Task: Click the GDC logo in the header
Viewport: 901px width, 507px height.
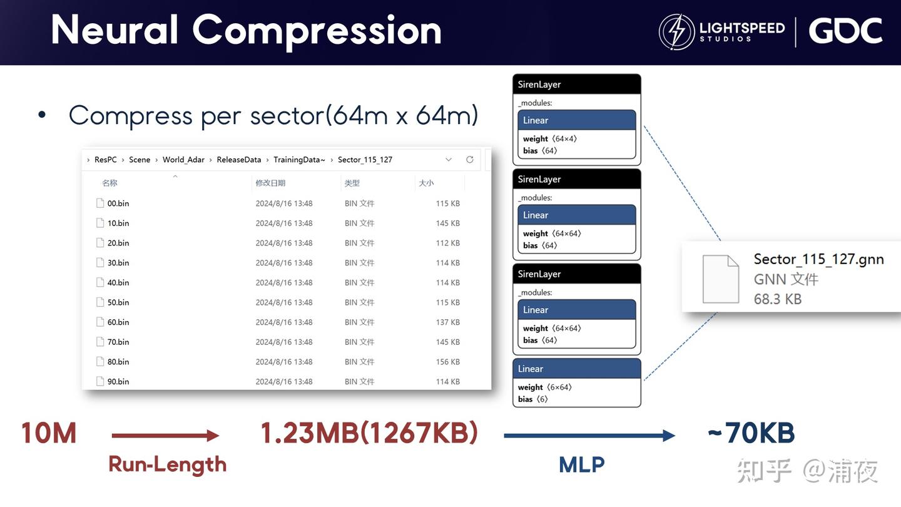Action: click(845, 31)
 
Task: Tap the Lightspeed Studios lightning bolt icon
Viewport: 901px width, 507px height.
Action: click(676, 32)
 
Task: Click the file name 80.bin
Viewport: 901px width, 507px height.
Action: click(118, 362)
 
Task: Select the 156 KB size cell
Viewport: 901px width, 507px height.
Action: click(447, 362)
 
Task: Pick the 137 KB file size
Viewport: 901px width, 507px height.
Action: click(447, 322)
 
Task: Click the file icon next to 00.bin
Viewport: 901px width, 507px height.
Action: click(100, 203)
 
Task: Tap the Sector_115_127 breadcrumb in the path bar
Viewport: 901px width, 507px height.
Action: click(365, 160)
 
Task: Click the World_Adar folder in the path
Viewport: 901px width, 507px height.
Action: click(183, 160)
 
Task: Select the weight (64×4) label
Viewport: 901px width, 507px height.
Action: click(549, 139)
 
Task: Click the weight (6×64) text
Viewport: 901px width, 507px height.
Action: click(544, 387)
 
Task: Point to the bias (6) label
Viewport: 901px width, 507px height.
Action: click(532, 399)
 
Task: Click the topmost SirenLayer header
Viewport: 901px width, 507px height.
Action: click(576, 84)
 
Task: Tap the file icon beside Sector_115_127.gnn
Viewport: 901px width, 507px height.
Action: click(721, 279)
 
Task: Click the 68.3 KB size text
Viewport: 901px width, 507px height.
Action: click(777, 299)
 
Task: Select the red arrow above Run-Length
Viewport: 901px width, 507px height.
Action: click(165, 436)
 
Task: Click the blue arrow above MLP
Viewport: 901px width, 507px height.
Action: click(589, 436)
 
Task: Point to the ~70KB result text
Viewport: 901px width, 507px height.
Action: click(751, 433)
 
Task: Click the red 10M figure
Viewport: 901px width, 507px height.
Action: click(49, 433)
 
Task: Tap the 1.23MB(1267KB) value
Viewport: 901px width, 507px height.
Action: click(369, 433)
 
